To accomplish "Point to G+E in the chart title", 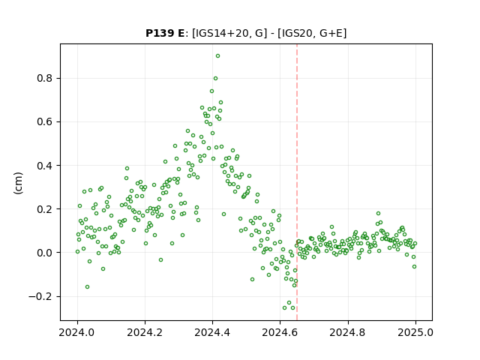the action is (x=331, y=33).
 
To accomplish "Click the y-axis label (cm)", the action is (x=18, y=183).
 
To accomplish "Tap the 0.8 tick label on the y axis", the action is (x=45, y=78).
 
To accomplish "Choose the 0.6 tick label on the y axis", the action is (x=45, y=121).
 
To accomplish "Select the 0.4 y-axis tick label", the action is (x=45, y=166).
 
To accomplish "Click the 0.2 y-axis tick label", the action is (x=45, y=209).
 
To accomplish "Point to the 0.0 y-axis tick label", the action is (x=45, y=253).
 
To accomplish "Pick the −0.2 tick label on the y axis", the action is (x=40, y=296).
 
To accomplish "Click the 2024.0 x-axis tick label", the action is (x=77, y=332).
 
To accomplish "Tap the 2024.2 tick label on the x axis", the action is (x=145, y=332).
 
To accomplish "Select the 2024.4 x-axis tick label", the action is (x=212, y=332).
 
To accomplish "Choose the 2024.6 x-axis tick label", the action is (x=280, y=332).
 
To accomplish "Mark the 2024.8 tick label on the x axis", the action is (x=348, y=332).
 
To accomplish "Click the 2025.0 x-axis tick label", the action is (x=415, y=332).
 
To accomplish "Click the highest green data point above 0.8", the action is (x=217, y=56).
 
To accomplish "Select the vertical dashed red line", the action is (x=297, y=182).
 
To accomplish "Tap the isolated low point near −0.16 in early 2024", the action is (x=87, y=286).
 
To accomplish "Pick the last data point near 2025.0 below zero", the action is (x=414, y=267).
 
